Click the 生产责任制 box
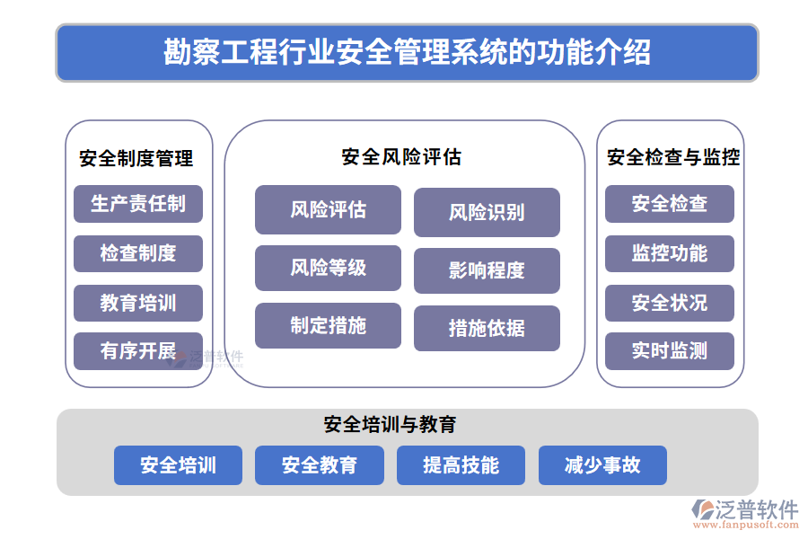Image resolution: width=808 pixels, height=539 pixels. coord(138,204)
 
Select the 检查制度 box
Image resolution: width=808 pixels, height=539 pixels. coord(138,253)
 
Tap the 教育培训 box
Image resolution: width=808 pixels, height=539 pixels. coord(138,303)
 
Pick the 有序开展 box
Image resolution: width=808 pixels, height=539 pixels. coord(138,351)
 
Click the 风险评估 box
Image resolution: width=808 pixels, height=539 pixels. coord(328,209)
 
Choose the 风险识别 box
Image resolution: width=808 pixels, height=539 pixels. coord(487,212)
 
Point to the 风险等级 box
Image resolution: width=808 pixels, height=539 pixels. coord(328,268)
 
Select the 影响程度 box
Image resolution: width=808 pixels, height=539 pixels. coord(487,270)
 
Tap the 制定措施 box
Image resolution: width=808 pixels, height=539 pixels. coord(328,325)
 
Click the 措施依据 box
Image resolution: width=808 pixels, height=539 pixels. coord(487,328)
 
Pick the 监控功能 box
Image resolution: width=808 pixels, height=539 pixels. coord(669,253)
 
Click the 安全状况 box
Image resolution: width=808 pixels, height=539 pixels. coord(669,303)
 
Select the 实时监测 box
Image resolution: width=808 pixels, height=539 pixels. coord(669,351)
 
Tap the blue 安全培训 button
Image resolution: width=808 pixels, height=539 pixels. coord(178,465)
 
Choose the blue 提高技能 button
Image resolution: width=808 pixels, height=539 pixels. coord(461,465)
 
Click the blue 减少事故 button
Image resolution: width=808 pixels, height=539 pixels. coord(602,465)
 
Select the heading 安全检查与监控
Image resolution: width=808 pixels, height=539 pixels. coord(673,157)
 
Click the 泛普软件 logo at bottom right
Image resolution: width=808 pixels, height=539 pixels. coord(744,515)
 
